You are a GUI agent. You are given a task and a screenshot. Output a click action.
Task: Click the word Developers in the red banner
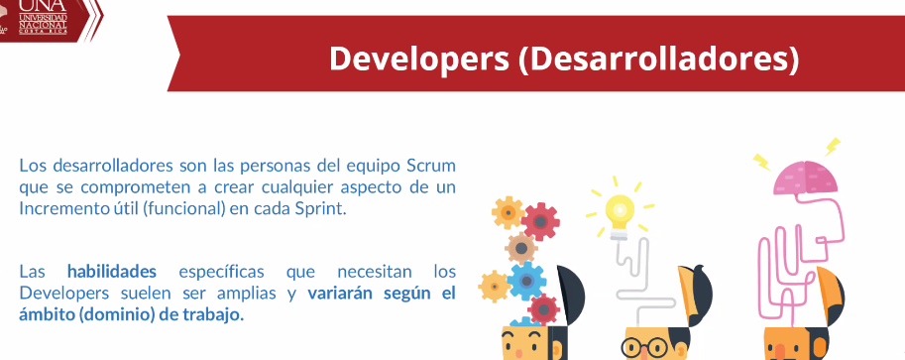[x=419, y=59]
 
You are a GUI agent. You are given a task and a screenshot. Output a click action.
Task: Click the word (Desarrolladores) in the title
[x=658, y=59]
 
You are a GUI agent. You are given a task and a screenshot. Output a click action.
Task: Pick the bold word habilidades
[x=112, y=271]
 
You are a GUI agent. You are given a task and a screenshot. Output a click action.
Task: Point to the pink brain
[x=806, y=177]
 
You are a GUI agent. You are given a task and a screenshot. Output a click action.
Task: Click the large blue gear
[x=526, y=282]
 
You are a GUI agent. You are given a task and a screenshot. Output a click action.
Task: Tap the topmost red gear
[x=540, y=222]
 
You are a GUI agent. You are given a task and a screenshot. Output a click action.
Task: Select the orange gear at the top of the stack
[x=508, y=212]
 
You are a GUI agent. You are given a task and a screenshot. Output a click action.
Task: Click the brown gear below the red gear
[x=521, y=249]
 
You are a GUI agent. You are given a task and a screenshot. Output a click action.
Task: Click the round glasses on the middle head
[x=644, y=347]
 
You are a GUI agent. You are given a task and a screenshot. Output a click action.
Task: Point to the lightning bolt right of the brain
[x=833, y=146]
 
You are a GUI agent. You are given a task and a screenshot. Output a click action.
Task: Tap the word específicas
[x=222, y=271]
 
